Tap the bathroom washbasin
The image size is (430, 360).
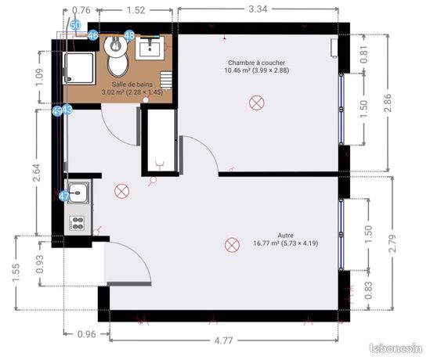coord(150,48)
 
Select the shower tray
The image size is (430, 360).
coord(80,68)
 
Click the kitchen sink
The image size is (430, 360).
coord(78,193)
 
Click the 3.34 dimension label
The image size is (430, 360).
coord(258,9)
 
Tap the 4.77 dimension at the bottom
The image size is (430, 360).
coord(223,340)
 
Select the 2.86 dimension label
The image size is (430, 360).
coord(388,103)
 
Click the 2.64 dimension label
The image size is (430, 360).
coord(37,172)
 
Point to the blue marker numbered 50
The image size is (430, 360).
coord(75,25)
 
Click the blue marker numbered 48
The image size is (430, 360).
coord(129,35)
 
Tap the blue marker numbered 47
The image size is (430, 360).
coord(64,196)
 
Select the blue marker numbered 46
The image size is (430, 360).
coord(93,35)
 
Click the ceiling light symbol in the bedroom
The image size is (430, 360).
coord(257,103)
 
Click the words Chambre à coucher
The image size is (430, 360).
coord(256,63)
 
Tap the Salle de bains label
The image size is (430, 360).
coord(132,84)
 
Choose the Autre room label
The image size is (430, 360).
coord(285,235)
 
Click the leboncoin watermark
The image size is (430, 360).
coord(396,348)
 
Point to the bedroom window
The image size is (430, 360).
coord(341,109)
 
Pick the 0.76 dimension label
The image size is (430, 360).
coord(81,10)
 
